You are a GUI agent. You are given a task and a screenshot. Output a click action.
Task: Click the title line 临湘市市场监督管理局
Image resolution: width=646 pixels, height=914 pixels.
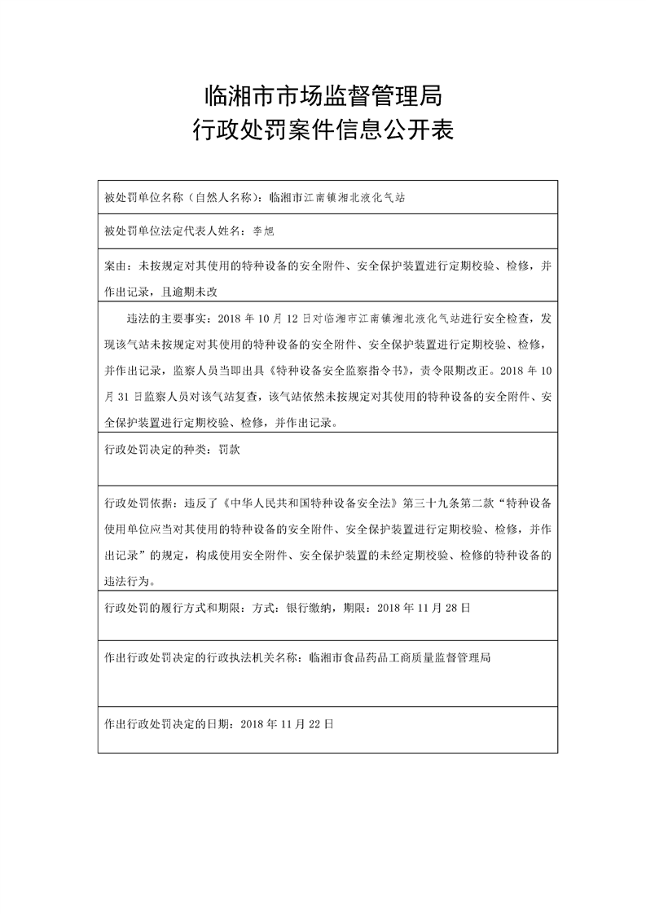[323, 98]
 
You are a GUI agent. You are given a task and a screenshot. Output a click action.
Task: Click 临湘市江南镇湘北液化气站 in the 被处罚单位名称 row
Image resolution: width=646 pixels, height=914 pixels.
[336, 197]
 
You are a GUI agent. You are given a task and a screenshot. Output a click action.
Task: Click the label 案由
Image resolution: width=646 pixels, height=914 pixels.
[115, 266]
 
